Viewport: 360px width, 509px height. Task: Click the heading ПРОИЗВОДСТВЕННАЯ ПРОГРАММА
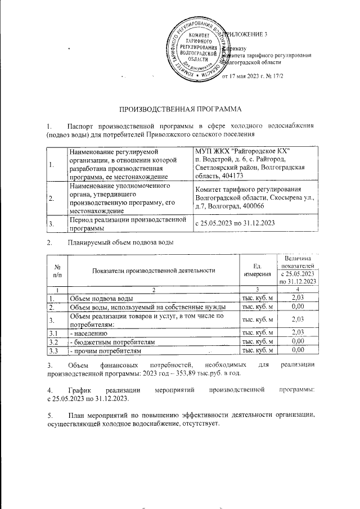pyautogui.click(x=179, y=107)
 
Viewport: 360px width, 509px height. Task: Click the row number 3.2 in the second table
pyautogui.click(x=54, y=341)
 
